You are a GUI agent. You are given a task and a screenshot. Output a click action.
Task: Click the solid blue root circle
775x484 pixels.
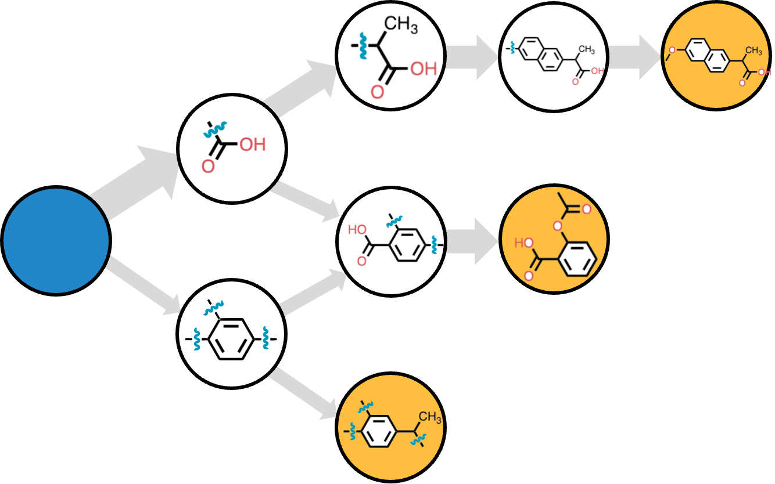[56, 240]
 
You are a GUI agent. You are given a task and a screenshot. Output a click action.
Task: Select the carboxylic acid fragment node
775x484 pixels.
[232, 149]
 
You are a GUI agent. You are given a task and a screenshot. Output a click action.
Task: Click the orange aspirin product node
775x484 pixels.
[554, 239]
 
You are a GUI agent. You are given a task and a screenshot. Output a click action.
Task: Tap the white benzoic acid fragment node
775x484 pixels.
[391, 240]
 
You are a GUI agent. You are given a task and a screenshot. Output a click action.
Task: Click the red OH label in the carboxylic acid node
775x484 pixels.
[252, 144]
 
